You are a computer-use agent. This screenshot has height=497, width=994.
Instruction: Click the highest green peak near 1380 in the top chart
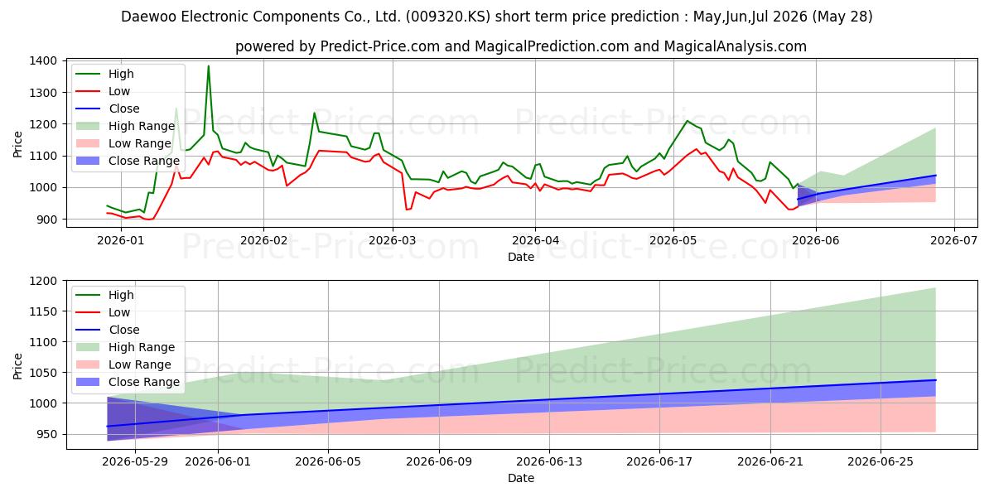(x=208, y=66)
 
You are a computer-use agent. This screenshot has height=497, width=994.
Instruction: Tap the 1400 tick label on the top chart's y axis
(x=43, y=60)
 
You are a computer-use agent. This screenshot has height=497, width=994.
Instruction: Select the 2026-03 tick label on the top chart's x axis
(x=393, y=240)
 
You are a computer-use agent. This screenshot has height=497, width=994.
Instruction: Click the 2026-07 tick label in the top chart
(x=954, y=240)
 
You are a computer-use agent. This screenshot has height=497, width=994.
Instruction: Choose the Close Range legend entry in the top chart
(x=128, y=161)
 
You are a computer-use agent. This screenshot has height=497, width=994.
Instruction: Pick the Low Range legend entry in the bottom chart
(x=123, y=364)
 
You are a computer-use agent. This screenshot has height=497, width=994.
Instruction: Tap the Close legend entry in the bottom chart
(x=108, y=330)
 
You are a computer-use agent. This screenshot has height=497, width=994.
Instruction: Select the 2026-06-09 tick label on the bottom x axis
(x=439, y=462)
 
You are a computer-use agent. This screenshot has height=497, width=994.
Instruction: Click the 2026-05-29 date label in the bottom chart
(x=135, y=462)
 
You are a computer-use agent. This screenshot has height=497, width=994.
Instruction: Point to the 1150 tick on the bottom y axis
(x=43, y=311)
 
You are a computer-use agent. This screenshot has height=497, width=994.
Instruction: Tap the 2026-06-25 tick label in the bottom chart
(x=881, y=462)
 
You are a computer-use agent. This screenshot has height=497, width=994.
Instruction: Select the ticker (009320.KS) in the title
(x=448, y=17)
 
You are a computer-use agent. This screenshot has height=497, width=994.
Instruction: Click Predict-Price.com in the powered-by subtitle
(x=380, y=46)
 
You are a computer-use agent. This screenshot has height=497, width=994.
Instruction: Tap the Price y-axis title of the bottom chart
(x=17, y=366)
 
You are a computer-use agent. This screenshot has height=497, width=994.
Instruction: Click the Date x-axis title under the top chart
(x=521, y=257)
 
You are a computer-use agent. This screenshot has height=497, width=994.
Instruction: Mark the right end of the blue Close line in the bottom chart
(x=935, y=380)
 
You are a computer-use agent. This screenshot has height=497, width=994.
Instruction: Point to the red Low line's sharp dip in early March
(x=407, y=210)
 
